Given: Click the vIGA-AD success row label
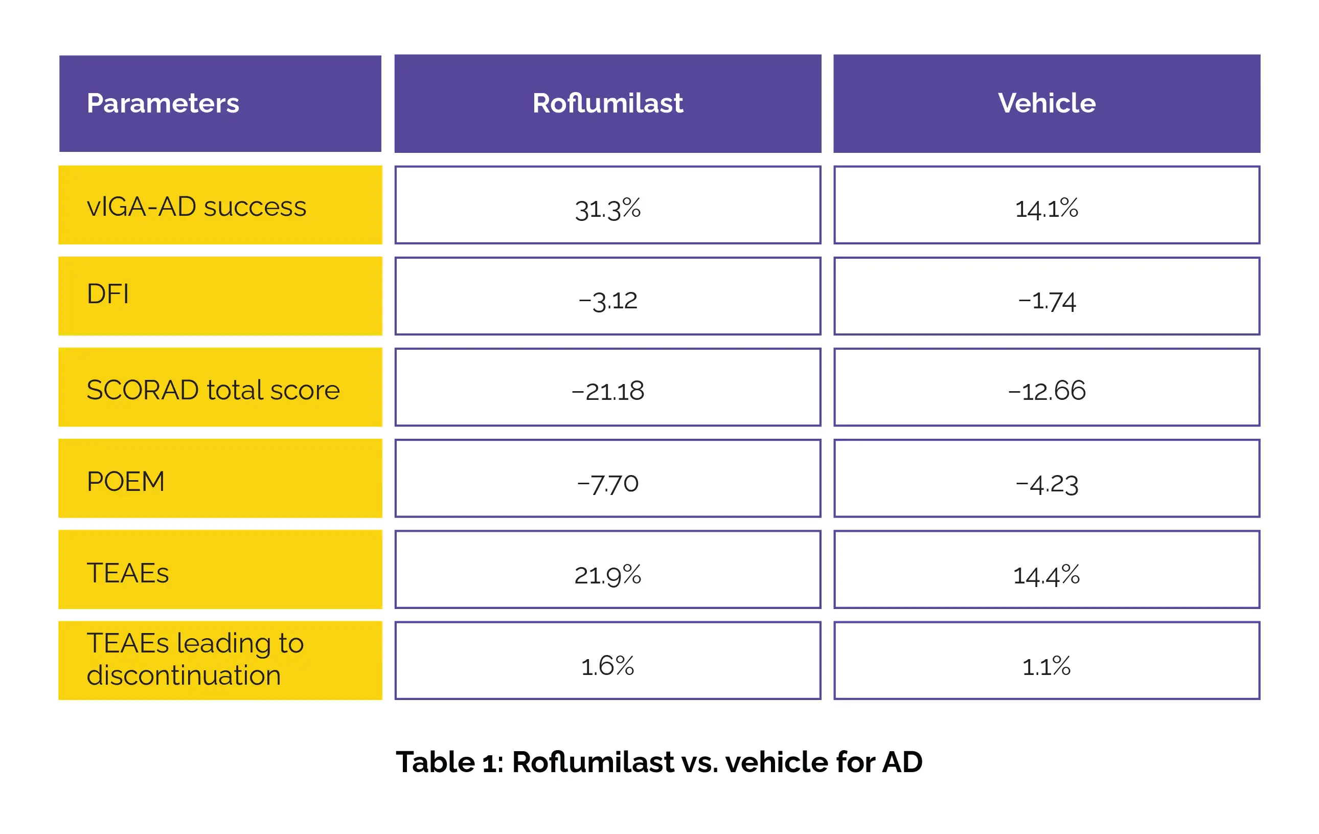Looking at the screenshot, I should (196, 207).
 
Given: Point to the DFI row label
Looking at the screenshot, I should (108, 294).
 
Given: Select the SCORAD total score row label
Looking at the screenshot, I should (213, 390).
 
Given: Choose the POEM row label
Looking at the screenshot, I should (125, 482).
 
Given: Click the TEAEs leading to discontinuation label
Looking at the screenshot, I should (194, 659).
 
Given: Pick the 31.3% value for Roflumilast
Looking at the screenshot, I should (607, 209).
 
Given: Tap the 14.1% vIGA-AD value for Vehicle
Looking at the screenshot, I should (1046, 209).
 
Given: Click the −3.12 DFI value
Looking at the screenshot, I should (607, 300).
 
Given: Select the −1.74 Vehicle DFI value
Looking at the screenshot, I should (1046, 300).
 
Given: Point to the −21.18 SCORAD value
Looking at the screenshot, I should (607, 391).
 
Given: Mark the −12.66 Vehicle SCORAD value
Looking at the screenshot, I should (1046, 391).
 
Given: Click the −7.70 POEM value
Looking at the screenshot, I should (607, 483).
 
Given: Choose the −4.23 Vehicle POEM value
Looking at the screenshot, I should (1046, 484).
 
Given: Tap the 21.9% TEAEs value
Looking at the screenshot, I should (607, 575).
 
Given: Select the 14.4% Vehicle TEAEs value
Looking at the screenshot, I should (1046, 575).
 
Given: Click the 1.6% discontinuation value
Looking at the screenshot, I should (607, 666).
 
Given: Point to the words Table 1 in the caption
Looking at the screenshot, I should (449, 762).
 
